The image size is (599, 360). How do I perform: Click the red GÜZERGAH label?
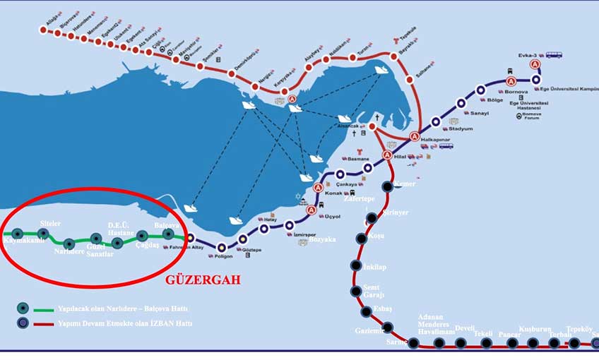[x=202, y=280]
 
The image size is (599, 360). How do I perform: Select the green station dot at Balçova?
[x=168, y=234]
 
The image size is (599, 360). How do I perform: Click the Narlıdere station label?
[x=69, y=251]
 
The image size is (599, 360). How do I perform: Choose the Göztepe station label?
[x=251, y=251]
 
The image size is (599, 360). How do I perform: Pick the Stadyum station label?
[x=461, y=130]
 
